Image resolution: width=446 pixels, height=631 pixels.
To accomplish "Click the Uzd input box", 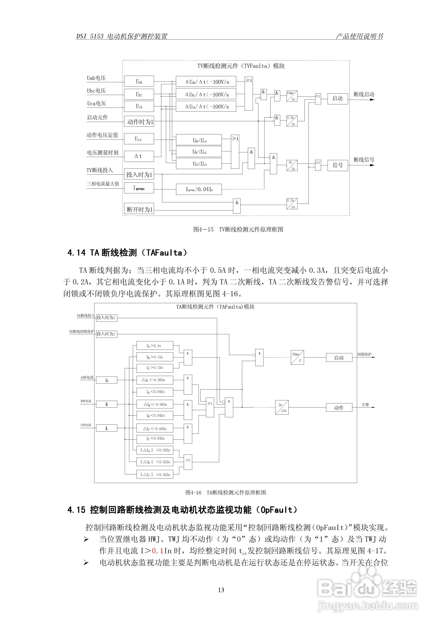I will click(139, 139).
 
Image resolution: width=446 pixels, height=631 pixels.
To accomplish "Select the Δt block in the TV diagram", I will click(139, 156).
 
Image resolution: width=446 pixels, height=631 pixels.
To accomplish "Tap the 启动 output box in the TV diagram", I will click(338, 98).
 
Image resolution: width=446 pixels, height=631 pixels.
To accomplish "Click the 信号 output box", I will click(338, 165).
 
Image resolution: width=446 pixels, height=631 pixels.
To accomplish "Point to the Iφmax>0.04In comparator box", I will click(199, 189).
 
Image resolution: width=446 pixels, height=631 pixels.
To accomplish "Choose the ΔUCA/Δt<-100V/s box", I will click(206, 106).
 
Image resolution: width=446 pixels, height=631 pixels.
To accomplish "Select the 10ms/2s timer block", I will click(292, 96).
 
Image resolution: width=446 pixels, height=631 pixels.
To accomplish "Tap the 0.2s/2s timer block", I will click(292, 204).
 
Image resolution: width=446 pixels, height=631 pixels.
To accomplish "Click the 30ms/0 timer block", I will click(297, 357).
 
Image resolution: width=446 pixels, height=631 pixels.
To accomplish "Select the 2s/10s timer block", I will click(282, 407).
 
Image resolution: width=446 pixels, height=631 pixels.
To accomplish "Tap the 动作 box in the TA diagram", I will click(339, 407).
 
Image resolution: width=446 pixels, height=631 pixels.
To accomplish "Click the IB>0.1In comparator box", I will click(155, 357).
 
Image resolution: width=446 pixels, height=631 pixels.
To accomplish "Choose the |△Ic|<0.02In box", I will click(155, 475).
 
